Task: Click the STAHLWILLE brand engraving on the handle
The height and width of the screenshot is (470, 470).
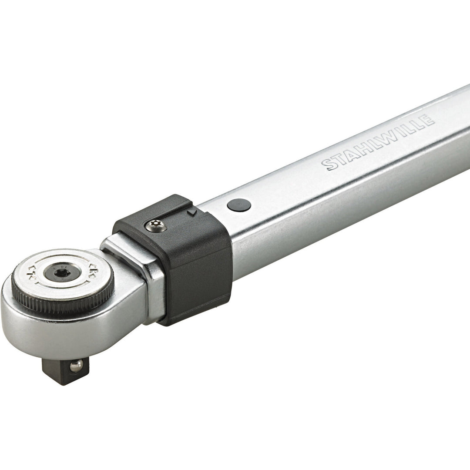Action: pos(378,142)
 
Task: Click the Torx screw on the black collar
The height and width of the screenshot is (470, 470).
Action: pos(156,225)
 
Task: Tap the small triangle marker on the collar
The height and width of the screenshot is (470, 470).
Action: pos(191,212)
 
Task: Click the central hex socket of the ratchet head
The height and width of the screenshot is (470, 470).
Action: pos(61,272)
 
